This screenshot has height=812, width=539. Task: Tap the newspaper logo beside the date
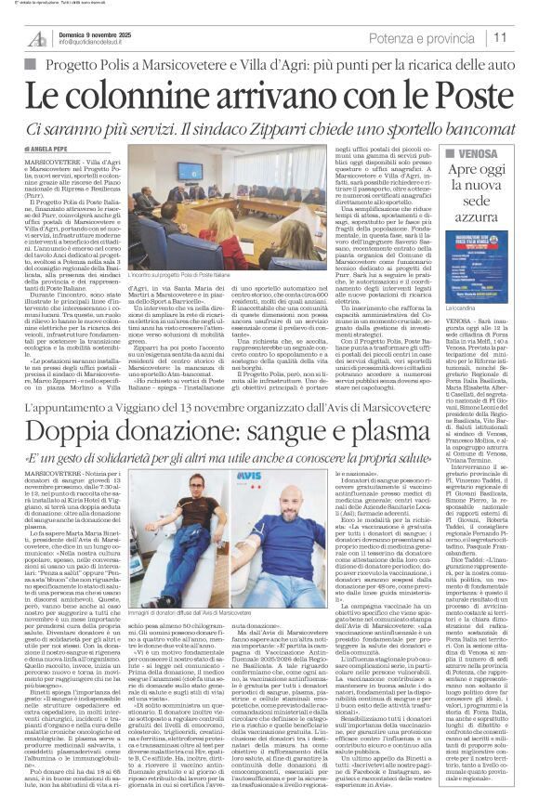38,38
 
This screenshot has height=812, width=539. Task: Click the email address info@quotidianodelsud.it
98,43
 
